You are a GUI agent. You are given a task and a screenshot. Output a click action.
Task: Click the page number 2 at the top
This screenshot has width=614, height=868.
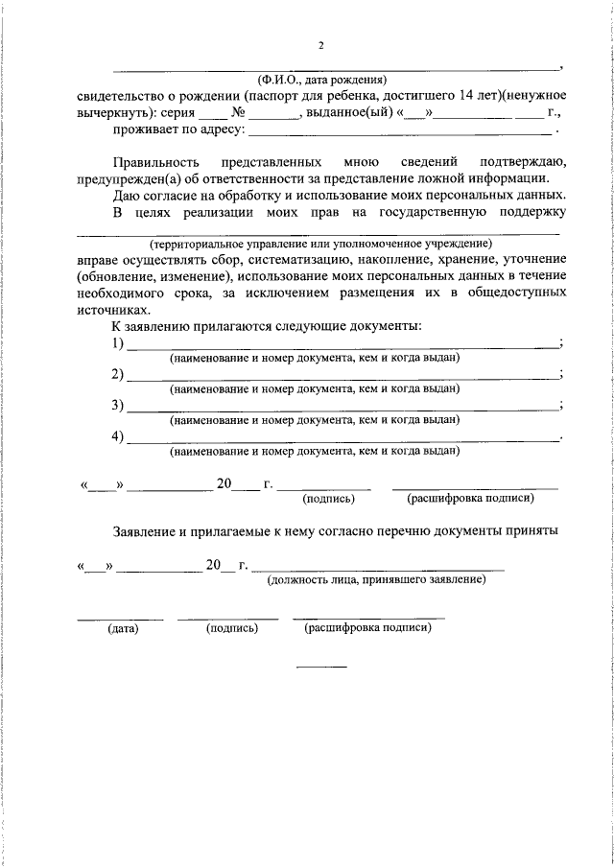coord(321,46)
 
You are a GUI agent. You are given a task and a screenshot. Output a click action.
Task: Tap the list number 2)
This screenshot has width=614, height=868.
coord(117,373)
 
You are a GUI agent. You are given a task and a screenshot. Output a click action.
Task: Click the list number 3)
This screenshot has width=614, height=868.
coord(117,404)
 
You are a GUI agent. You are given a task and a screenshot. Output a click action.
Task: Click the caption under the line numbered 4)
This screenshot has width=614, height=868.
coord(315,450)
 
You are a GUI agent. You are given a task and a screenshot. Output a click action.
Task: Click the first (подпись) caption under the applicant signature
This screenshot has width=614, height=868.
coord(329,499)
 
